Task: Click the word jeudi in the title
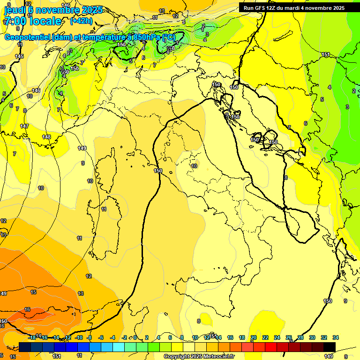coord(14,10)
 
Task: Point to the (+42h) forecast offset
coord(81,21)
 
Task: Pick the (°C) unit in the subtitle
coord(169,37)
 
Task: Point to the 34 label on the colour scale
coord(336,337)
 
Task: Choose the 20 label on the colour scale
coord(254,337)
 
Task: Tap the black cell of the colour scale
coord(330,347)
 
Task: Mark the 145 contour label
coord(19,56)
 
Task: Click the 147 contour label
coord(24,126)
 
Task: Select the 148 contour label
coord(46,137)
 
